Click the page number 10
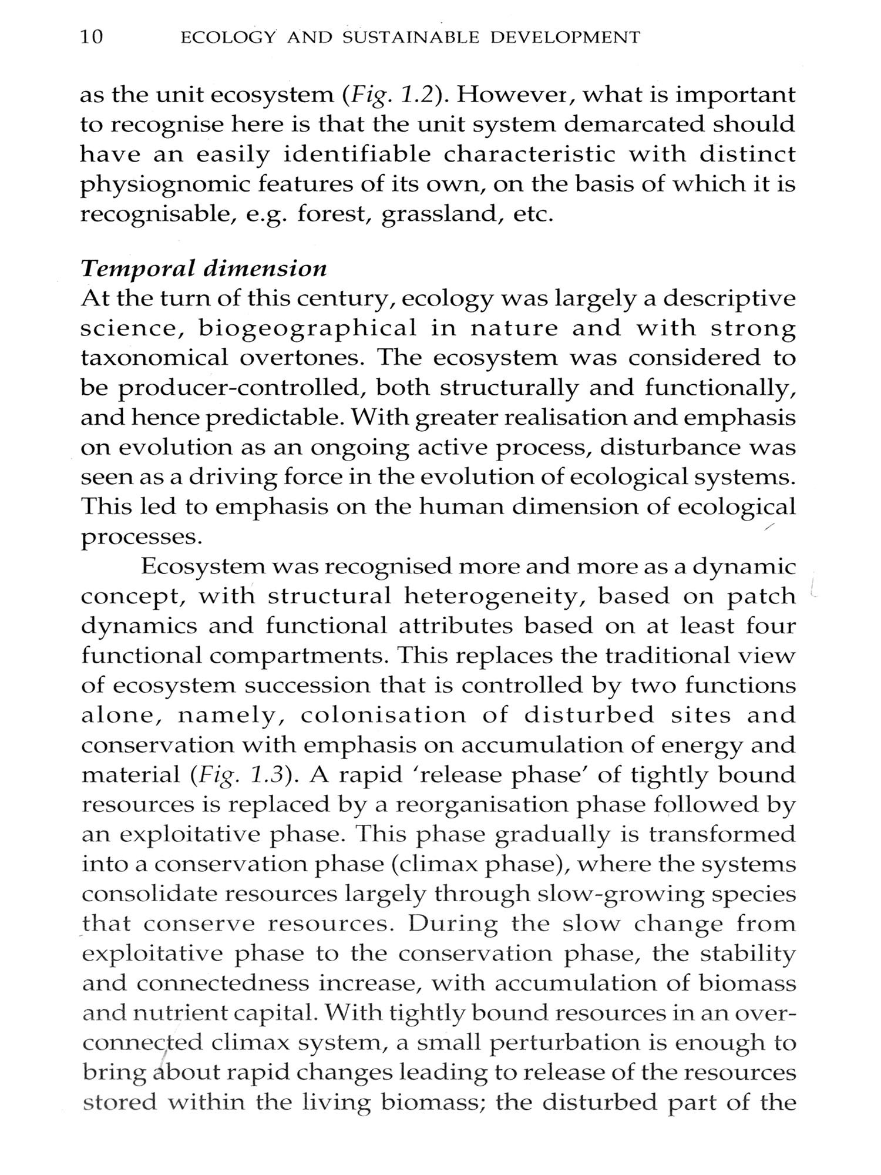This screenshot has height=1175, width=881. tap(92, 38)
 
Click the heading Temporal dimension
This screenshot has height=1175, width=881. tap(203, 268)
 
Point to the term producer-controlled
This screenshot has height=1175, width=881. tap(243, 388)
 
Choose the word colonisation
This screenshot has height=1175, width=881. tap(383, 716)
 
